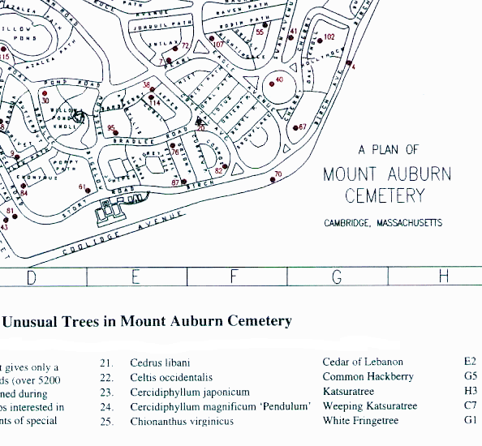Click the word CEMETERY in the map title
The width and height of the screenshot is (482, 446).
coord(384,195)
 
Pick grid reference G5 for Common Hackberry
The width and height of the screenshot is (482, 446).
coord(470,377)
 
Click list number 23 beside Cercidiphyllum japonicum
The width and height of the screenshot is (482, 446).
coord(105,392)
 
